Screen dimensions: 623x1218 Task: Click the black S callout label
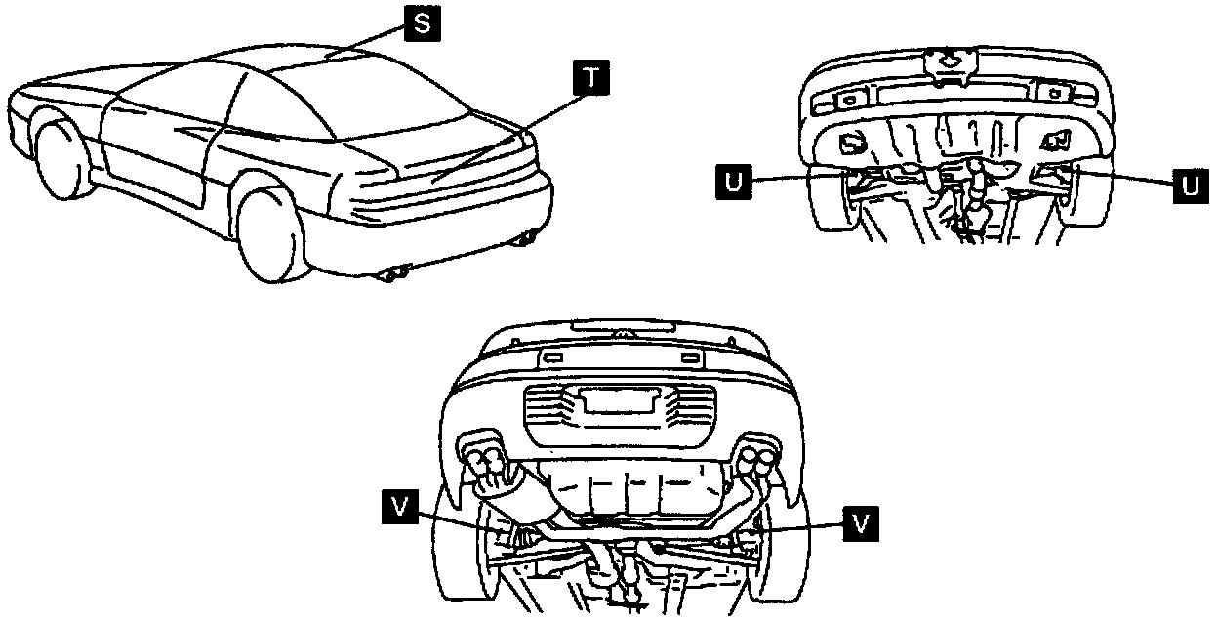(421, 23)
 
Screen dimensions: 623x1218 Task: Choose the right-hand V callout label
(859, 522)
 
